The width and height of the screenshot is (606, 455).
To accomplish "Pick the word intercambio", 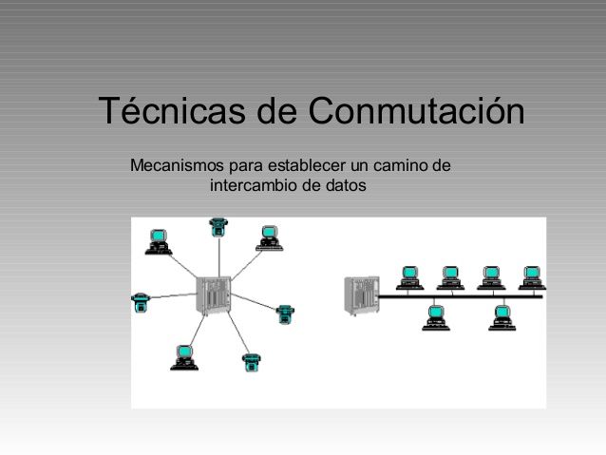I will point(253,184).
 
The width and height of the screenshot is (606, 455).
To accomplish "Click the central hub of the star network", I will point(213,295).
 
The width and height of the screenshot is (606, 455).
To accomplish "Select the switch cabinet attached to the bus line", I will point(359,294).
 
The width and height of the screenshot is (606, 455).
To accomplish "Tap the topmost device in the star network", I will point(218,227).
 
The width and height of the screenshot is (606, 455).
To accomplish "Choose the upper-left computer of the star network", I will point(158,242).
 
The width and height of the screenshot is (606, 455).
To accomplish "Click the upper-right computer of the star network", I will point(269,237).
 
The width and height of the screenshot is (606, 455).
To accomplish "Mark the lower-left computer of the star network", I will point(184,356).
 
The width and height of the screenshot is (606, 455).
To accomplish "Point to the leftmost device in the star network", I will point(141,302).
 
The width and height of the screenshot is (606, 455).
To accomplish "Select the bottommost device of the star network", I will point(252,361).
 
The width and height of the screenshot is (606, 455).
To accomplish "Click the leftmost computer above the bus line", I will point(410,277).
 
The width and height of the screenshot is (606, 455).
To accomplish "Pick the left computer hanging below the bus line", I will point(436,316).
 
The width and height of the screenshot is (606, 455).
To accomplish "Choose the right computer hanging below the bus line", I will point(502,316).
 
